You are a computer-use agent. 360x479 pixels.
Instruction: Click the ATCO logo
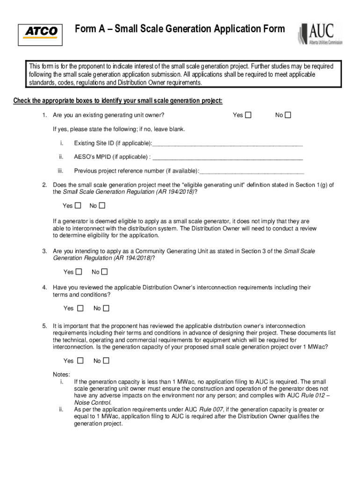(41, 32)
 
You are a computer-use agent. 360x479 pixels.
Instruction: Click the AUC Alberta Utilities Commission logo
(320, 33)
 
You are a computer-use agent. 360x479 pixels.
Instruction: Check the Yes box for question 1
(248, 115)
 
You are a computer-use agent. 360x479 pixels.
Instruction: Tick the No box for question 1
(288, 115)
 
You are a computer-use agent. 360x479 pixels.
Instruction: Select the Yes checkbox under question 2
(78, 205)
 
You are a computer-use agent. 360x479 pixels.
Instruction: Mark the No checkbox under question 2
(102, 205)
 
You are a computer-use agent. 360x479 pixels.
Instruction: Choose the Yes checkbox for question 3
(79, 272)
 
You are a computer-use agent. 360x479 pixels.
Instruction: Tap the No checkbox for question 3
(104, 272)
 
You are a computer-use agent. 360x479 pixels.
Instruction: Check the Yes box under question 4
(80, 308)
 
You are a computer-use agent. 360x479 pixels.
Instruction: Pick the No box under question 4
(106, 308)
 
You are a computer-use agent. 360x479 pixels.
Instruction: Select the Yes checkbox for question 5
(80, 361)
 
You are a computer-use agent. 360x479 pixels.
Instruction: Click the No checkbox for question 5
(106, 361)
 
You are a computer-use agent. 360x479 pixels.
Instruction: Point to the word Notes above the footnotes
(62, 375)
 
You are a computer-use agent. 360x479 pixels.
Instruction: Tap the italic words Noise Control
(93, 402)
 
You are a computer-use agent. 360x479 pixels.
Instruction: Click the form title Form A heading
(180, 29)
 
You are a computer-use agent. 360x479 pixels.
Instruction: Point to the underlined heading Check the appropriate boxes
(118, 101)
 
